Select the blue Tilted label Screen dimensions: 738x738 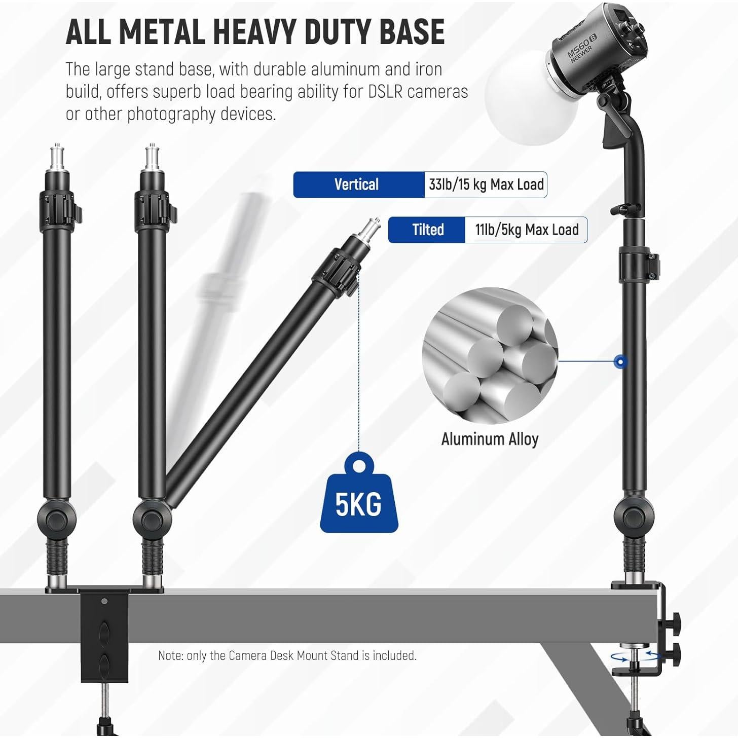(427, 230)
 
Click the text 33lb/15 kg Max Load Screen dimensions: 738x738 (486, 184)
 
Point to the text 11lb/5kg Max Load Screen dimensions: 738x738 (527, 230)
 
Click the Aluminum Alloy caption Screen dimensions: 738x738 (490, 439)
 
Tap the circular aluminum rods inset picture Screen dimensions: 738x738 (490, 356)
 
